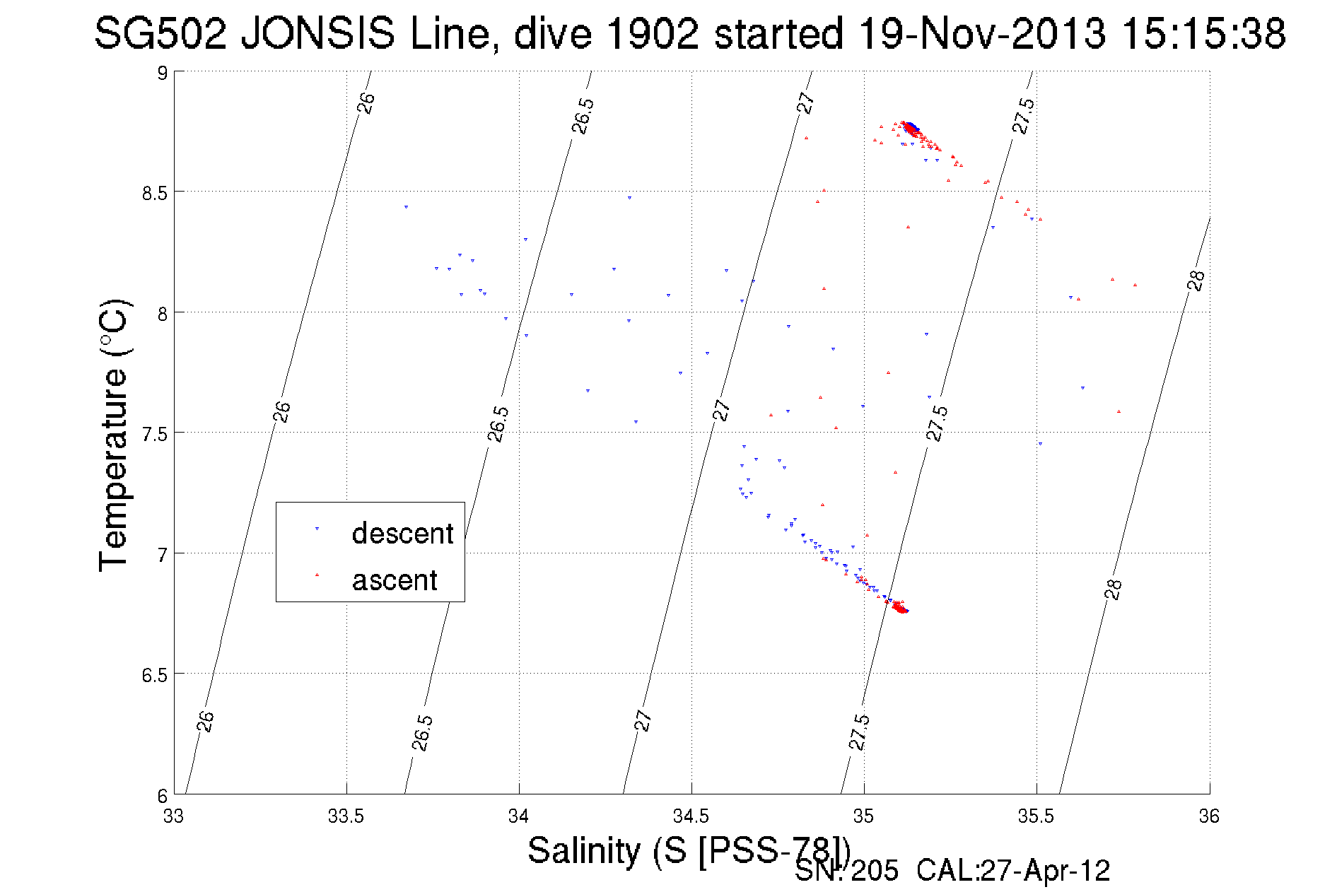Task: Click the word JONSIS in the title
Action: pos(317,33)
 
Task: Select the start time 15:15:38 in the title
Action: pos(1203,33)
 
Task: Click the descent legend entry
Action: pos(402,534)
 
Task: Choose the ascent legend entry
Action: pos(394,580)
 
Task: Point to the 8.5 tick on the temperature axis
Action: pos(155,192)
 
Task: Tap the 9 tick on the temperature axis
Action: pos(162,73)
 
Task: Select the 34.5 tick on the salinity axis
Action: pos(691,816)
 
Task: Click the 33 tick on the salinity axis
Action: pos(173,816)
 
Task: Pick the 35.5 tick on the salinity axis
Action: pos(1036,816)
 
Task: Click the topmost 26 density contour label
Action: pos(366,103)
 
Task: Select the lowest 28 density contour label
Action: pos(1113,589)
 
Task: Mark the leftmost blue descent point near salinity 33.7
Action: pos(406,207)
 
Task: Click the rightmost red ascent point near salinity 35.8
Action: pos(1135,285)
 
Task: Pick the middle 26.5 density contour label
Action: pos(498,423)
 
